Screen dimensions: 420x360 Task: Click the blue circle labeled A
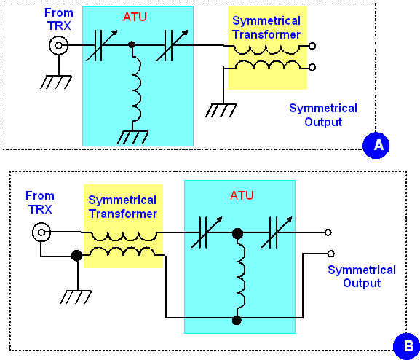point(376,145)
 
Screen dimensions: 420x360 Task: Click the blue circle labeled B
point(407,346)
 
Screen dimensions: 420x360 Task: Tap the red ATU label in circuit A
point(135,17)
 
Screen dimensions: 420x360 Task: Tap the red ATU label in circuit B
point(242,195)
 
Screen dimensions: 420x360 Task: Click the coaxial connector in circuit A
point(59,45)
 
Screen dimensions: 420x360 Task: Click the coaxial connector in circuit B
point(41,232)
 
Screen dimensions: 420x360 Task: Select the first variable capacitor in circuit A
point(101,45)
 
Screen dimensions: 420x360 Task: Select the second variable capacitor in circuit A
point(172,45)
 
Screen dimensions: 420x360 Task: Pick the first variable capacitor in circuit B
point(206,232)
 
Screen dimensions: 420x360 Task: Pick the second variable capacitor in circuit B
point(276,232)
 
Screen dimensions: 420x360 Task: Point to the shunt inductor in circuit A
point(136,88)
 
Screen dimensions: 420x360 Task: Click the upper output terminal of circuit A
point(312,46)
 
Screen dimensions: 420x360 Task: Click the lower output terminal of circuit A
point(312,67)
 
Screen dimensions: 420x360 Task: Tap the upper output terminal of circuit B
point(328,232)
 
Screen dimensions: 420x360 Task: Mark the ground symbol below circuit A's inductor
point(132,137)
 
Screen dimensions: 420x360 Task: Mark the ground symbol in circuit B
point(76,297)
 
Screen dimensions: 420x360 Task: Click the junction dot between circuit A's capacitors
point(132,44)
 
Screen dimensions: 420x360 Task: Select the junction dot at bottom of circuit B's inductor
point(237,320)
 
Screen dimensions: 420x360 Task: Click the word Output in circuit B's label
point(362,283)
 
